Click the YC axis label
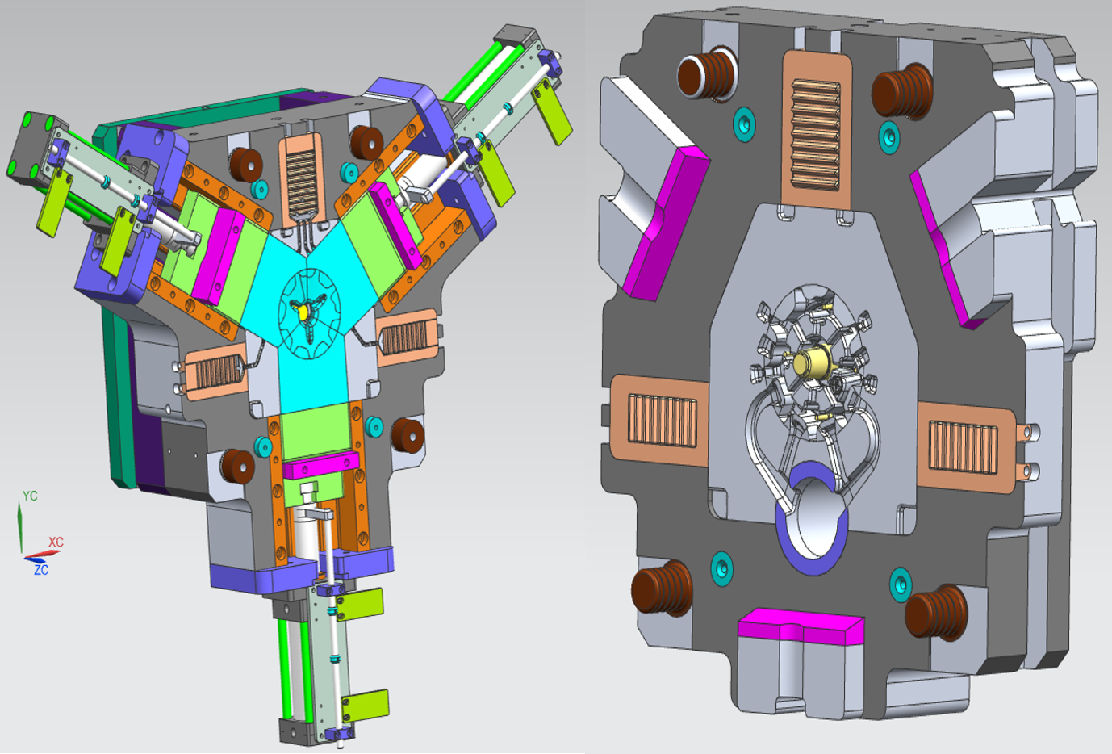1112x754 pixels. pyautogui.click(x=30, y=496)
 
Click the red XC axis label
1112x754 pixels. pyautogui.click(x=56, y=542)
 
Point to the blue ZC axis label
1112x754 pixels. pyautogui.click(x=41, y=570)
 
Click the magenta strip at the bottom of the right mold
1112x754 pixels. pyautogui.click(x=801, y=626)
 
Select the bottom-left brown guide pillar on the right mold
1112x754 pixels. pyautogui.click(x=661, y=589)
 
